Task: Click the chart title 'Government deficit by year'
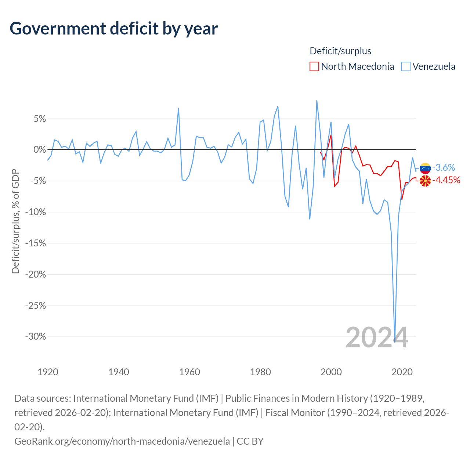113,29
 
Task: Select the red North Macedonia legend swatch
314,66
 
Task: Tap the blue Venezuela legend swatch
406,66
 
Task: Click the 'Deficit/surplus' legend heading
340,51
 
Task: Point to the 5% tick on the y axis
40,119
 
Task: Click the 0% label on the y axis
40,149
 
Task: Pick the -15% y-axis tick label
36,243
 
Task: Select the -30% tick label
36,337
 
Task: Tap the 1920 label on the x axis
48,372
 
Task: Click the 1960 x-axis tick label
189,372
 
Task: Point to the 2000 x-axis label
331,372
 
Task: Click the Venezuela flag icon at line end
425,168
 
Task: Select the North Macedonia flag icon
425,181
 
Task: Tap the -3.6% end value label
444,167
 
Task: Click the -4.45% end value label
446,180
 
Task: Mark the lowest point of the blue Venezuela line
395,342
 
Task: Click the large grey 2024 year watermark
377,337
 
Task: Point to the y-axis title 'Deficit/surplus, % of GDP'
15,221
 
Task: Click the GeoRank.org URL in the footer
122,441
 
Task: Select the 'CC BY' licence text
250,441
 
